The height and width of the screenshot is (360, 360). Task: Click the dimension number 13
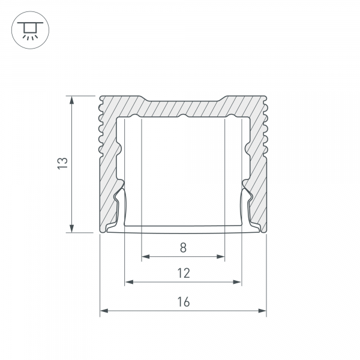point(62,163)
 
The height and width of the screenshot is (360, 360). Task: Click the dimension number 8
point(183,247)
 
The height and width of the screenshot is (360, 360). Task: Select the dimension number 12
point(184,273)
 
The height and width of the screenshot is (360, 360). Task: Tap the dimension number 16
point(184,302)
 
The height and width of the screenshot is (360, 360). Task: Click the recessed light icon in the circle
point(30,31)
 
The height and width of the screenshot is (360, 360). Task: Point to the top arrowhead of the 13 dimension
point(72,100)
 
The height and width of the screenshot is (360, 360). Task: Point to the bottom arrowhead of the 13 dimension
point(72,228)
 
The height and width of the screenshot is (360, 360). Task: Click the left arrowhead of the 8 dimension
point(146,256)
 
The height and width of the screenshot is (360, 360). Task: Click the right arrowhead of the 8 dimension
point(220,256)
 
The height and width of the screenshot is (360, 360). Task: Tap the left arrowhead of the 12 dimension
point(129,282)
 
